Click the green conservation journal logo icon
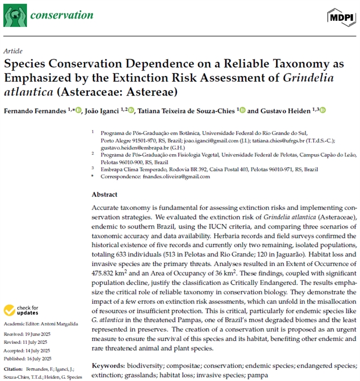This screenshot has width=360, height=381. tap(15, 15)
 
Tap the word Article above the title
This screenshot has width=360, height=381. tap(13, 50)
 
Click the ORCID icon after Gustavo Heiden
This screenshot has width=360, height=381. tap(323, 110)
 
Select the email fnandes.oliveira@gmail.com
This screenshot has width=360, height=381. tap(178, 176)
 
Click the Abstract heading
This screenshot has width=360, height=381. tap(105, 195)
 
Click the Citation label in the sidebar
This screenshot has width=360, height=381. tap(14, 369)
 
